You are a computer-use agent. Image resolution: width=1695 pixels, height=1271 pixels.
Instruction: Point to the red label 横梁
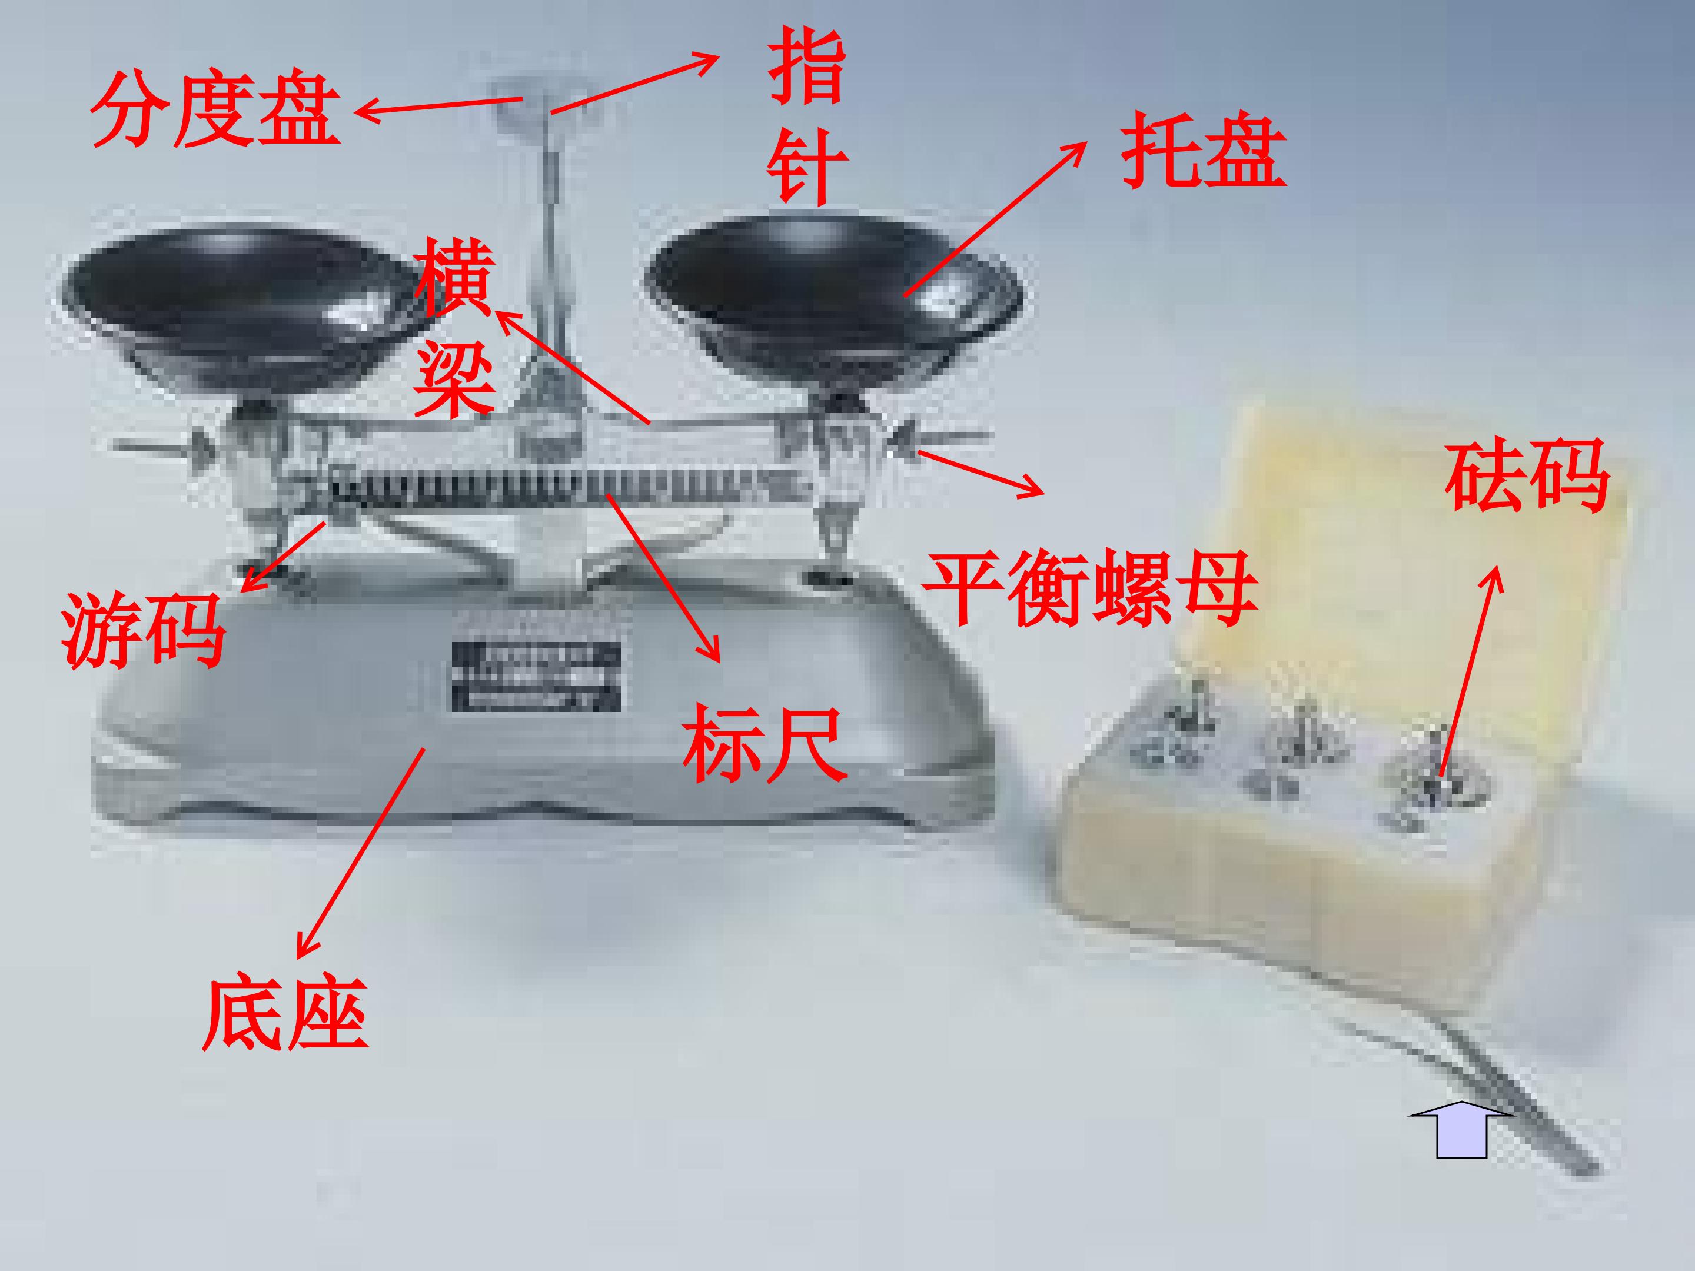pyautogui.click(x=454, y=328)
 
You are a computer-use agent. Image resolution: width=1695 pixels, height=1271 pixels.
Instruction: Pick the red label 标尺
pyautogui.click(x=766, y=744)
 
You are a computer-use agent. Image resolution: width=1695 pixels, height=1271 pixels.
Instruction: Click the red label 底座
pyautogui.click(x=285, y=1012)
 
